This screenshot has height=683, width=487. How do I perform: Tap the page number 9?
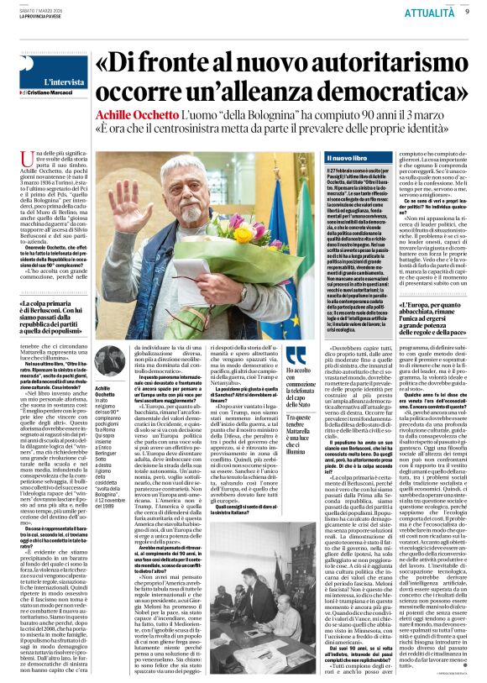pos(466,12)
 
